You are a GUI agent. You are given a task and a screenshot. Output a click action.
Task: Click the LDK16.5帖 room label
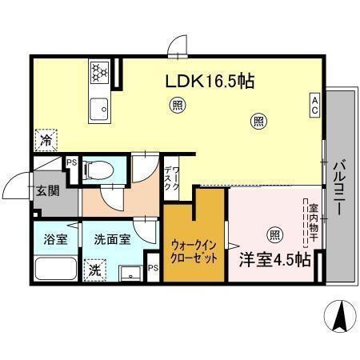click(210, 82)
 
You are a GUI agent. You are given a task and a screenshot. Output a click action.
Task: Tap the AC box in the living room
click(315, 103)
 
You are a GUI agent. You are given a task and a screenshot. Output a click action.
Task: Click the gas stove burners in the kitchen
click(98, 72)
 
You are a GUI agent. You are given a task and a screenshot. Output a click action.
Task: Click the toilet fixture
click(99, 169)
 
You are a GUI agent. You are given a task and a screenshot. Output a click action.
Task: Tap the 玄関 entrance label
click(47, 191)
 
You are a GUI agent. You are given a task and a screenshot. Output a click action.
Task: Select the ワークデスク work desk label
click(171, 174)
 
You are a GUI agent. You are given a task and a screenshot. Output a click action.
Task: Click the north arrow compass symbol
click(338, 318)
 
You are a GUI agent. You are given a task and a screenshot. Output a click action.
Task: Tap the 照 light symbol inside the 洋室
click(275, 234)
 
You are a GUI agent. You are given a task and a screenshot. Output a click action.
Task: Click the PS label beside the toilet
click(72, 162)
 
